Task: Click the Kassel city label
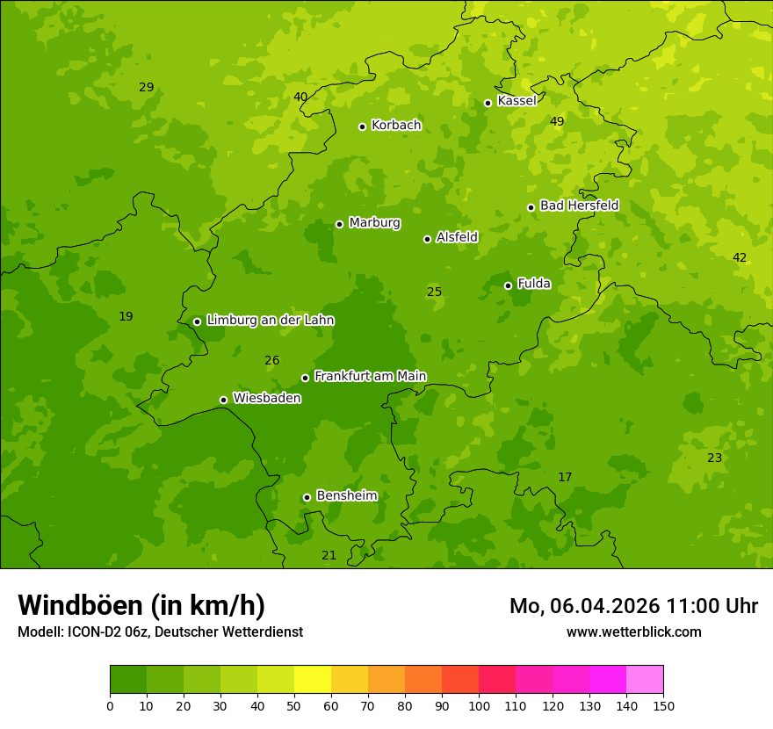(517, 101)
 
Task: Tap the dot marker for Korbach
(362, 126)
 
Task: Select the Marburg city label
(374, 223)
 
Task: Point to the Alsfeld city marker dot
(427, 239)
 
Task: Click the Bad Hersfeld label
(579, 206)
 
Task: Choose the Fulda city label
(534, 284)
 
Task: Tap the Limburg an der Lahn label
(270, 321)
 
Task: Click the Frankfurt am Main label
(370, 376)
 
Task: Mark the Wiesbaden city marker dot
(223, 400)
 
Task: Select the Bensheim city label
(346, 495)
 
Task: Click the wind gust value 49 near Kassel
(557, 121)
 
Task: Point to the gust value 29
(146, 87)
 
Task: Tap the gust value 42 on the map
(740, 257)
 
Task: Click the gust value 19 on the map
(126, 316)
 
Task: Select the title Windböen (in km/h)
(141, 605)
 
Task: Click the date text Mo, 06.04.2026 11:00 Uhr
(633, 606)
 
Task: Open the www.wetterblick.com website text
(633, 632)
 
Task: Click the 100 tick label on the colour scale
(479, 705)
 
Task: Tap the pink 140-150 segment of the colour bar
(645, 680)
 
